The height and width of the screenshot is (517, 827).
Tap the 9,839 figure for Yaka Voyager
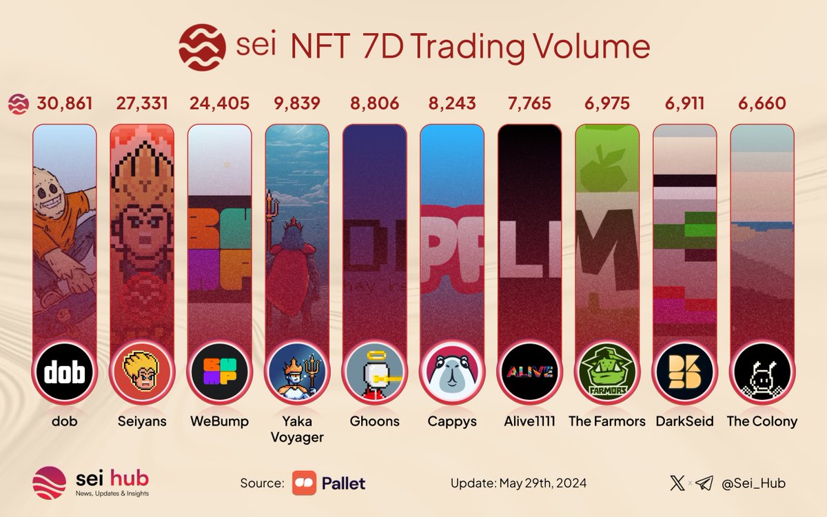297,104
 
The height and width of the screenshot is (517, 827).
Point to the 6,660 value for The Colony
762,104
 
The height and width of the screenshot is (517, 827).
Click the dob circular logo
65,373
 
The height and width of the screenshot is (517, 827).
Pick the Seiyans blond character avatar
142,373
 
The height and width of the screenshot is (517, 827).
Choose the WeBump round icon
220,373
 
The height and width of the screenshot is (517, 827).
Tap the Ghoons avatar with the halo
374,373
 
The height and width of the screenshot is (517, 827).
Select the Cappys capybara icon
452,373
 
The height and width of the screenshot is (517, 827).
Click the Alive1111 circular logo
529,373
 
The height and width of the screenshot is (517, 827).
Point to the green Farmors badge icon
606,373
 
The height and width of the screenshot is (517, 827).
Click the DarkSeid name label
684,421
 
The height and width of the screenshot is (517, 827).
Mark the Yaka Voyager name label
297,429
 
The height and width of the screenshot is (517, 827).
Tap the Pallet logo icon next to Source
304,483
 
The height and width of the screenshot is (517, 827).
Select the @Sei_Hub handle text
753,483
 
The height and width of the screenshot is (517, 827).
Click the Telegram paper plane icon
704,483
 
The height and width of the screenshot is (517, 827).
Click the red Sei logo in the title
202,46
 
